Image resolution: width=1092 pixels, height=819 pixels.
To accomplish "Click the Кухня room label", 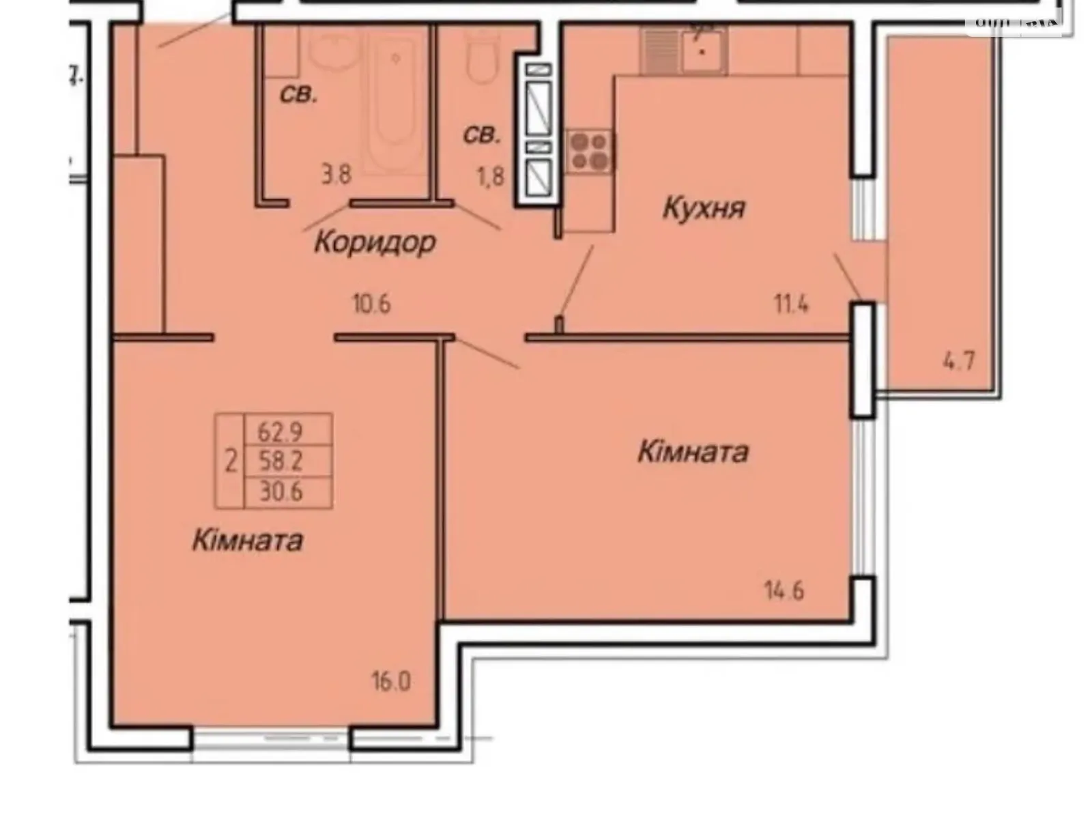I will [x=704, y=208].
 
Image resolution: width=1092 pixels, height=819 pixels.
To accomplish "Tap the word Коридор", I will [x=375, y=242].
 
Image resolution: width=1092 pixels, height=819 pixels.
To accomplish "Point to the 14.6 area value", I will [x=784, y=590].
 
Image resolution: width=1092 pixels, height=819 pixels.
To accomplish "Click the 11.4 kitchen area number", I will [x=791, y=304].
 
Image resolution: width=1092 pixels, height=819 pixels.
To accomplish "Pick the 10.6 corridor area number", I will [x=372, y=304].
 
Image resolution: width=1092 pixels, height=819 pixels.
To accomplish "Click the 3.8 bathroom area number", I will [x=336, y=175].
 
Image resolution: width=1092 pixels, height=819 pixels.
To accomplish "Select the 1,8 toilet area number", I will [x=490, y=176].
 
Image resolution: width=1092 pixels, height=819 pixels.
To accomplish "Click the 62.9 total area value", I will [x=281, y=431].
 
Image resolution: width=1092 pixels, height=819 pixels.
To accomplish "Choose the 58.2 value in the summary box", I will [x=281, y=462].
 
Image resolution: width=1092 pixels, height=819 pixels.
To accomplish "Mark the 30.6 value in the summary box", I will [x=281, y=491].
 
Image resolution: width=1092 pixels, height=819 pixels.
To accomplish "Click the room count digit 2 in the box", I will [x=231, y=462].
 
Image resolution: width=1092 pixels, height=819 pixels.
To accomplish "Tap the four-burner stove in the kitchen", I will [x=589, y=151].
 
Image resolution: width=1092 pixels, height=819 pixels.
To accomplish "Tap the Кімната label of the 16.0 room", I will [x=247, y=541].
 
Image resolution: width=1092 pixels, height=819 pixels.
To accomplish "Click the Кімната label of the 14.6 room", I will [x=693, y=452].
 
